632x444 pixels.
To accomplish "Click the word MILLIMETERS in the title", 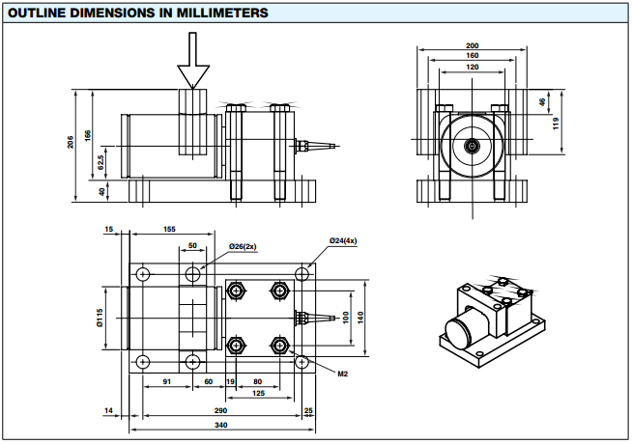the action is pyautogui.click(x=222, y=13).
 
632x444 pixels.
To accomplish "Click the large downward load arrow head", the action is pyautogui.click(x=193, y=76).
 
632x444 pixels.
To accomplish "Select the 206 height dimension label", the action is pyautogui.click(x=71, y=142).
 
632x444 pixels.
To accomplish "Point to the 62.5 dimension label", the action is pyautogui.click(x=101, y=162).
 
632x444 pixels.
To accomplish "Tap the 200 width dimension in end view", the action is pyautogui.click(x=472, y=46).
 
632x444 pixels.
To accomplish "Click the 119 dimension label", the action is pyautogui.click(x=557, y=124).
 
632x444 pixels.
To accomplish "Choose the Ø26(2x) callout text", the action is pyautogui.click(x=243, y=246).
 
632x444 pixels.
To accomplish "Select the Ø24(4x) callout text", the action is pyautogui.click(x=343, y=240).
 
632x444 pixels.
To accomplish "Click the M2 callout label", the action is pyautogui.click(x=343, y=374).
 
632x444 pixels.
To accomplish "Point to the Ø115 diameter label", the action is pyautogui.click(x=100, y=318).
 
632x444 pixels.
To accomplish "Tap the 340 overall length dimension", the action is pyautogui.click(x=221, y=425).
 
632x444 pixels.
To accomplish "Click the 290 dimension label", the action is pyautogui.click(x=220, y=410).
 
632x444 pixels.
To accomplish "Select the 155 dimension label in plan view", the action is pyautogui.click(x=169, y=229).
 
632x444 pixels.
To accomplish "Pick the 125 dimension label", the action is pyautogui.click(x=258, y=393).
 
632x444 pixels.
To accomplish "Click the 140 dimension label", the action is pyautogui.click(x=360, y=318).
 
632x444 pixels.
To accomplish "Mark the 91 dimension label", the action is pyautogui.click(x=167, y=381).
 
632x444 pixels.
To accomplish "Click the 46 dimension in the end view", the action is pyautogui.click(x=542, y=102).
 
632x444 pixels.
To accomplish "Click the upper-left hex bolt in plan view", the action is pyautogui.click(x=236, y=290).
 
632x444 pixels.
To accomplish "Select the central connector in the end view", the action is pyautogui.click(x=472, y=146).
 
